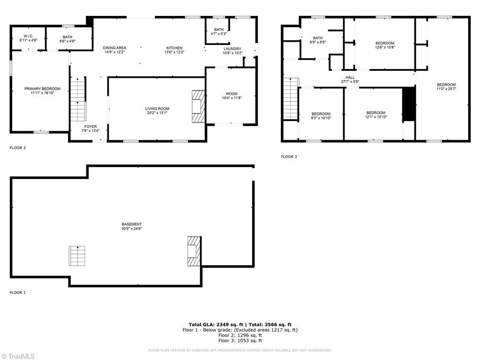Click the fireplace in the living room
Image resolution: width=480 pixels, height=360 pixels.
pos(198,106)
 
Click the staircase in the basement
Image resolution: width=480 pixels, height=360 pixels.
pos(77,255)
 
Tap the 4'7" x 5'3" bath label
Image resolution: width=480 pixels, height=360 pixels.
pos(219,31)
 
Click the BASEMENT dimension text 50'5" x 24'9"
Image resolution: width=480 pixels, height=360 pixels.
pos(132,229)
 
